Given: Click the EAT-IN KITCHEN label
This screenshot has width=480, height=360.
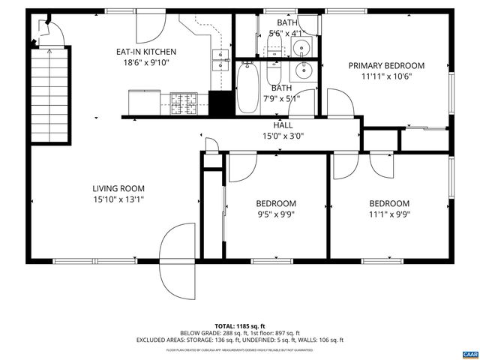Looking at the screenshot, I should coord(145,51).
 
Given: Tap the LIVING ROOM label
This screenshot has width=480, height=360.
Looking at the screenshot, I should coord(118,188).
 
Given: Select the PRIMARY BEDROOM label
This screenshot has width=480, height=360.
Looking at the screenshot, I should coord(386,65).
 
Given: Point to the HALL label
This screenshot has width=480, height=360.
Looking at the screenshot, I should coord(282,125).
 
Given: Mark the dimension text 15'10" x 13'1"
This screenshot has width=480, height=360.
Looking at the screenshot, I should coord(118,199).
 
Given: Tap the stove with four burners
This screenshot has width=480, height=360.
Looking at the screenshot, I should coord(183,104).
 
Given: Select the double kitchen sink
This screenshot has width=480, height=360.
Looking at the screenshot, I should coord(221,59).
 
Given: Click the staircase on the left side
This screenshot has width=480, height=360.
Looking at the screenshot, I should coord(49,93).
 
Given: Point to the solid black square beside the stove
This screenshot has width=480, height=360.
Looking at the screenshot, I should coord(219,103).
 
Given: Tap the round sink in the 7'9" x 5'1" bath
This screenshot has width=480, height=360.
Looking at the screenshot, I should coord(303,72).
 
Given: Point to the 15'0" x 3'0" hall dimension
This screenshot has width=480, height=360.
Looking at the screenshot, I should coord(282,136).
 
